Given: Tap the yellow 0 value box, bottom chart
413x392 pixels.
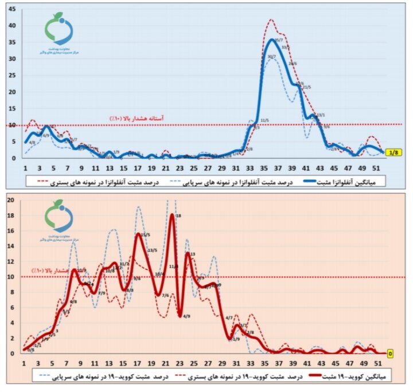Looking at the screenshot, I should [390, 354].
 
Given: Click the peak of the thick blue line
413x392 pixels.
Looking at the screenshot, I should [273, 40].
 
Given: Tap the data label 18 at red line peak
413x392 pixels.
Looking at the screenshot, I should [178, 215].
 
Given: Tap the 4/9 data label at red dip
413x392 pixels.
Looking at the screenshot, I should [187, 315].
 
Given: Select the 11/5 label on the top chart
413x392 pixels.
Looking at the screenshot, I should [264, 120].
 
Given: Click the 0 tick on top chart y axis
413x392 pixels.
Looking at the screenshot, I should [17, 158].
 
